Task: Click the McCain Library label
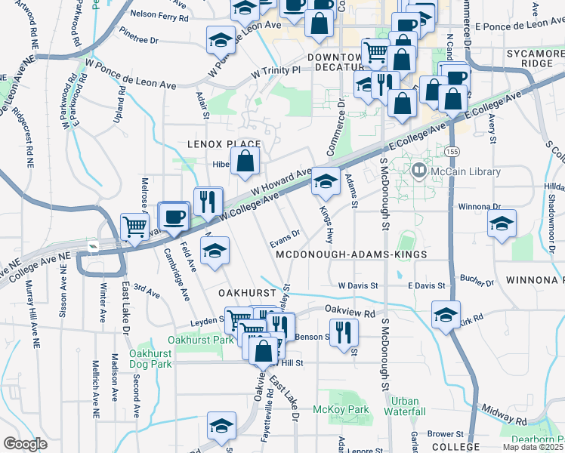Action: click(465, 171)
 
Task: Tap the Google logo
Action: click(25, 443)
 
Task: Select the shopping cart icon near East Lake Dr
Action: click(134, 225)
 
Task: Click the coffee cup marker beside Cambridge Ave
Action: click(174, 217)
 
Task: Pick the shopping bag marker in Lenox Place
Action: click(245, 160)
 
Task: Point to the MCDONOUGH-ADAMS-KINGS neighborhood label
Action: click(351, 255)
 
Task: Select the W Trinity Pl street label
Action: click(276, 70)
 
